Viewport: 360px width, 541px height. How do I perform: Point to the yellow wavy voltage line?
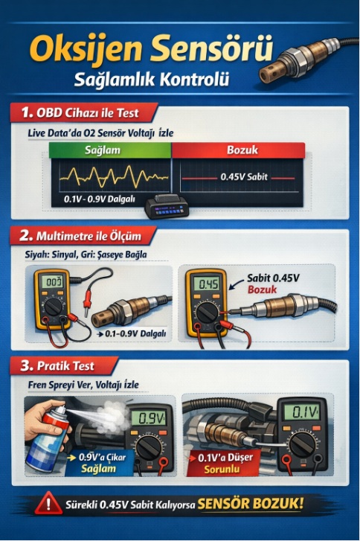[x=114, y=176]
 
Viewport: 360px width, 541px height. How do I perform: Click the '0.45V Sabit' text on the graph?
[x=244, y=177]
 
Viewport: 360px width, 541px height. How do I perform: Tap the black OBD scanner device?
[x=167, y=206]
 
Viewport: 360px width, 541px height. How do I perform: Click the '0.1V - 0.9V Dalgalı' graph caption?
[x=100, y=199]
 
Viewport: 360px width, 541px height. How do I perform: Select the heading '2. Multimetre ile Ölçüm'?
[x=80, y=236]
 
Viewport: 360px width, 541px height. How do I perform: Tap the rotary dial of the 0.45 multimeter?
[x=207, y=313]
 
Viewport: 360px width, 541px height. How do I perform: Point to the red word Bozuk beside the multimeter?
[x=262, y=289]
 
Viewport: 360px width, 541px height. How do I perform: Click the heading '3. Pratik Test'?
[x=57, y=365]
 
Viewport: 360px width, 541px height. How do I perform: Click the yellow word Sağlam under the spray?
[x=98, y=469]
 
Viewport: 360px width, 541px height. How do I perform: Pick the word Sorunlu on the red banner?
[x=222, y=470]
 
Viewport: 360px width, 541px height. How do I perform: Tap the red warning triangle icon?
[x=48, y=503]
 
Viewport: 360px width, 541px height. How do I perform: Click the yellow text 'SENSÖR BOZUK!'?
[x=251, y=504]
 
